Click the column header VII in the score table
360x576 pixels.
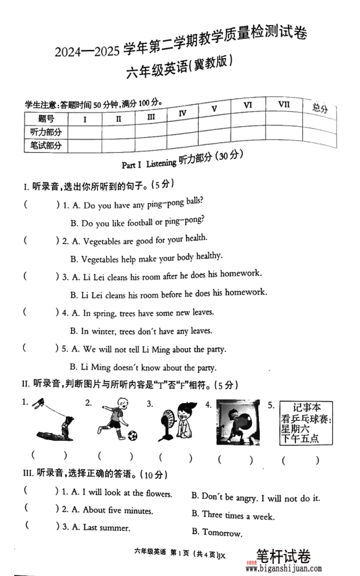284,104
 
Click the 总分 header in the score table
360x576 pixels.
320,108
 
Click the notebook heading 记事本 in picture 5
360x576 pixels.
307,408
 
